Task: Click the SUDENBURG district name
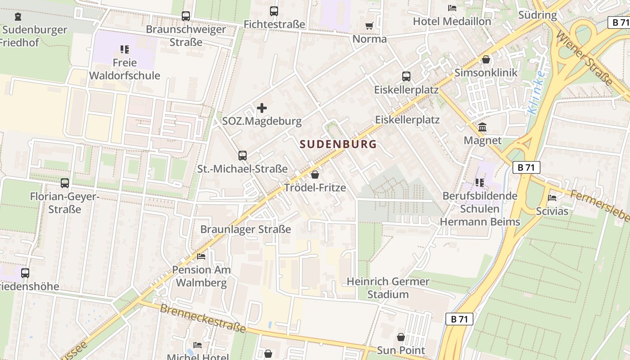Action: click(337, 144)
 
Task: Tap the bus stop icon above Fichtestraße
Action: click(274, 11)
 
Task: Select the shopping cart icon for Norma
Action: click(369, 26)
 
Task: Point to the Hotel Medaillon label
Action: click(452, 21)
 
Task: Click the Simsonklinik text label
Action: click(486, 72)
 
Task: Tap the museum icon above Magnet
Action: click(482, 127)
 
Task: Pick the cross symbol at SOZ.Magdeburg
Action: click(261, 108)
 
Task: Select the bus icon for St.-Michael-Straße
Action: click(243, 156)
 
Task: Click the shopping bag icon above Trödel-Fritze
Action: click(315, 175)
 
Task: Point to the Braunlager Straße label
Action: click(245, 229)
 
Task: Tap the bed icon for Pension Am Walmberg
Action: click(201, 256)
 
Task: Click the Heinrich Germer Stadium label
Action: click(388, 288)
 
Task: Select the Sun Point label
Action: click(400, 350)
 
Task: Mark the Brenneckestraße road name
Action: click(202, 318)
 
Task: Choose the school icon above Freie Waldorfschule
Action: click(125, 49)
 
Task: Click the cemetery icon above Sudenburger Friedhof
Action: click(18, 17)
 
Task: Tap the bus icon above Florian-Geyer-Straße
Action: click(65, 183)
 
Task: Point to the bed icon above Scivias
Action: click(552, 198)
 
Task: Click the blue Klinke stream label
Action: click(537, 92)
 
